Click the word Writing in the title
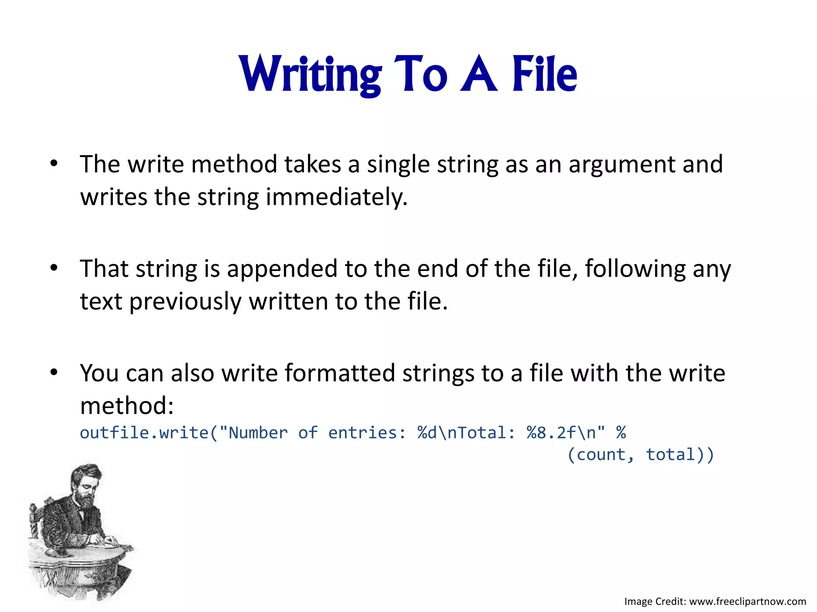310,75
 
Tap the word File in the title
544,75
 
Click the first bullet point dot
54,163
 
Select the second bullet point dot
54,268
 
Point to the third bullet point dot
54,372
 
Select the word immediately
336,197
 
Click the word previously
185,302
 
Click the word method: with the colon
127,406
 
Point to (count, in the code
600,455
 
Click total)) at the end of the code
680,455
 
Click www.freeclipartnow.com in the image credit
748,601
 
